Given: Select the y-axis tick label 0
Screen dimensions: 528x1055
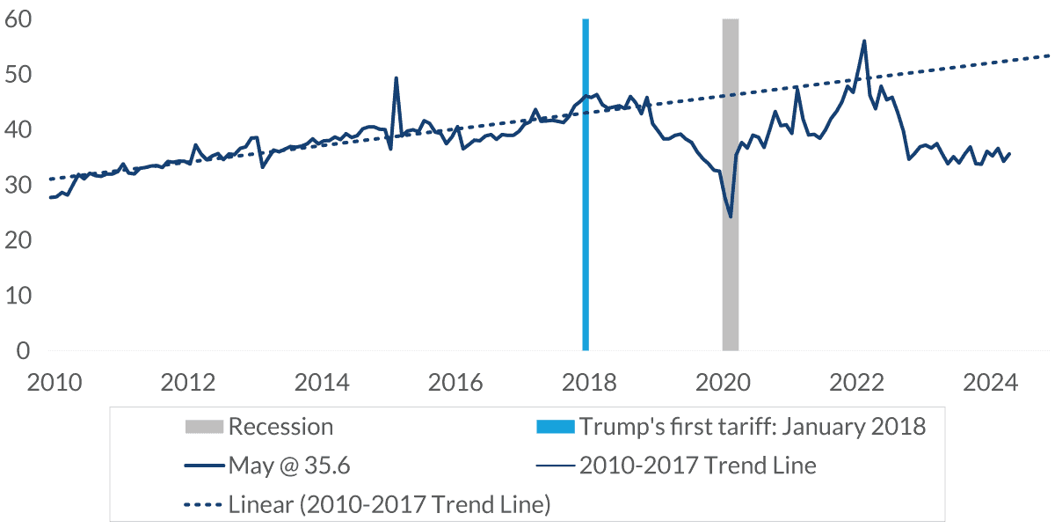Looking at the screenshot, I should [x=23, y=350].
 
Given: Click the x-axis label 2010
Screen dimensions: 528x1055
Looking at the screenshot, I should [x=55, y=383].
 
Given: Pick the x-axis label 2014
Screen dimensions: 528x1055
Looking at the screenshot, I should [x=321, y=383].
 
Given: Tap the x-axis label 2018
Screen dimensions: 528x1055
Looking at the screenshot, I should [x=588, y=383].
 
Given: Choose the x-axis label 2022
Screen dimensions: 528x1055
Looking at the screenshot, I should [x=855, y=383].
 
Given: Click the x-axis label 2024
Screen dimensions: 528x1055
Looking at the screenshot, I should [x=988, y=383].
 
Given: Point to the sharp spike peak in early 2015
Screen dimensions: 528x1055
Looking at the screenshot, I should [x=396, y=77].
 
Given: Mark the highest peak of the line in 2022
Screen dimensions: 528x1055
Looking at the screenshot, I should [x=864, y=40].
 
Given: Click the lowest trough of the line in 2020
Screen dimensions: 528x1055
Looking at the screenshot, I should [x=730, y=216].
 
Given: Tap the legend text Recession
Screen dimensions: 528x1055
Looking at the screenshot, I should [x=280, y=427].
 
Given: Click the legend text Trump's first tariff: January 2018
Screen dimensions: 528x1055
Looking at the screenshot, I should [x=752, y=427].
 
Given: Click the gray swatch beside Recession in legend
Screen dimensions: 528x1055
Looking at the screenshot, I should [x=204, y=427].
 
